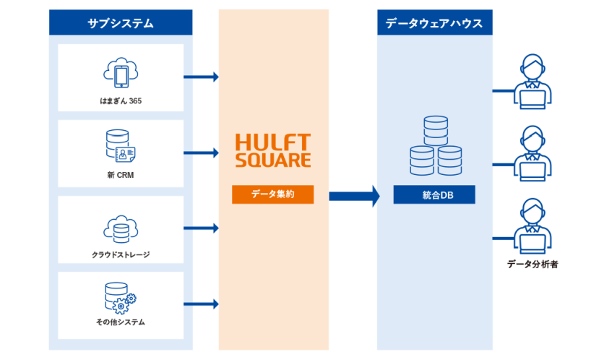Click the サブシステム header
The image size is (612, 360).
[x=121, y=22]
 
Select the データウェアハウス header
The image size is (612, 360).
[x=434, y=22]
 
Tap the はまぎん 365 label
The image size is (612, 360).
[x=121, y=100]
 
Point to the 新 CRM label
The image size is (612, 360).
[x=121, y=176]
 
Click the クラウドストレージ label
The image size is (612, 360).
[x=121, y=254]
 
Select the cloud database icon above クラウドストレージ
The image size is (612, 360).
[x=121, y=228]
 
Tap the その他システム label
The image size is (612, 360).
[x=121, y=322]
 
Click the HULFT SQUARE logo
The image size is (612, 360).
[x=273, y=150]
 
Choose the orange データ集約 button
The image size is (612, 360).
[x=272, y=194]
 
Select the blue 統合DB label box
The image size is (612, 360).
[x=434, y=194]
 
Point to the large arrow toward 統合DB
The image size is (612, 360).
[x=354, y=195]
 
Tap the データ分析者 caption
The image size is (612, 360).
[x=533, y=264]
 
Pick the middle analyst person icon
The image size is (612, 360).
[x=533, y=154]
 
